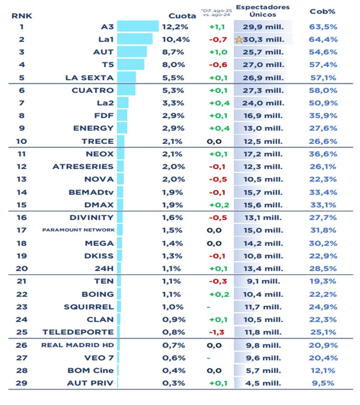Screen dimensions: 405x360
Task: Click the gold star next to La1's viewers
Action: click(239, 39)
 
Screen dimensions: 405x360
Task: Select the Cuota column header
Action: click(182, 16)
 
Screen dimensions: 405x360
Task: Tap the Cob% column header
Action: click(322, 11)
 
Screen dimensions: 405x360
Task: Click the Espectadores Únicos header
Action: click(263, 11)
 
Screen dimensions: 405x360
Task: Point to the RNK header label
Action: click(22, 16)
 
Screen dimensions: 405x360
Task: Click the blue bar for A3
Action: click(138, 26)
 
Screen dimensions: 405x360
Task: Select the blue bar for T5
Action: click(130, 64)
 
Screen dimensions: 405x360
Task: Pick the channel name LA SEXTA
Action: click(89, 78)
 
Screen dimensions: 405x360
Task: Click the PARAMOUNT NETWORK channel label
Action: click(78, 230)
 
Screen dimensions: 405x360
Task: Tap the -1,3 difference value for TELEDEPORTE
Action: click(217, 332)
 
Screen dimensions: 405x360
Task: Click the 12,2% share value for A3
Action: click(175, 27)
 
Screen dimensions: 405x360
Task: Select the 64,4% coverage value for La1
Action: click(323, 39)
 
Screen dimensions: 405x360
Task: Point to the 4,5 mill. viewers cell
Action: click(263, 383)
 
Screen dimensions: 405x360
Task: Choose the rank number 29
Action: click(22, 383)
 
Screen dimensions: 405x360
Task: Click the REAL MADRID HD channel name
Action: click(77, 345)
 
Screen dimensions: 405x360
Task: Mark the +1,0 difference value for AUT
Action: click(218, 52)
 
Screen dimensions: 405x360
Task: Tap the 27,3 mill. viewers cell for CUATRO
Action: click(263, 90)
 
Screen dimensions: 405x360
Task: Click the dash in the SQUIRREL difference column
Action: click(208, 307)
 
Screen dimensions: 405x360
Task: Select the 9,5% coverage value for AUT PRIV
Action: click(323, 383)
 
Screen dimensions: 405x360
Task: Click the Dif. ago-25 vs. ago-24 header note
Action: click(217, 13)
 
